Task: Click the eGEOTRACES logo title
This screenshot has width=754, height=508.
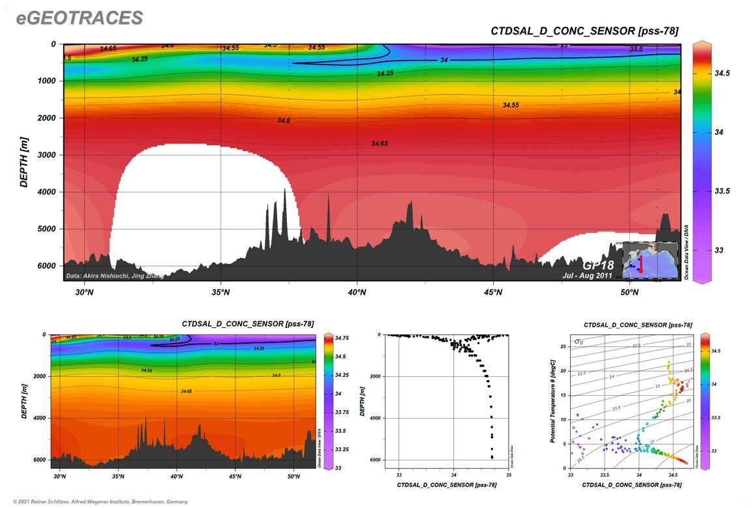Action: pyautogui.click(x=79, y=18)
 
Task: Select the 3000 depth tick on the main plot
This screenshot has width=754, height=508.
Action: pyautogui.click(x=49, y=155)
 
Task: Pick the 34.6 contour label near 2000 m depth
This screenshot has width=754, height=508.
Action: pyautogui.click(x=283, y=121)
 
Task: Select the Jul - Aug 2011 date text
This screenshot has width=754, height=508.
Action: pyautogui.click(x=587, y=276)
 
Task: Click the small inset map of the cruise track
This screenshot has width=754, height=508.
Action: pyautogui.click(x=650, y=260)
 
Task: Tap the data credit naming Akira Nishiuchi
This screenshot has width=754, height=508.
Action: pyautogui.click(x=115, y=276)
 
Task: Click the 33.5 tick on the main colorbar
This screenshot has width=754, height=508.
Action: pyautogui.click(x=719, y=191)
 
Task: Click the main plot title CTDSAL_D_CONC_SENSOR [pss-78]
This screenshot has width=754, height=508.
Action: pyautogui.click(x=584, y=31)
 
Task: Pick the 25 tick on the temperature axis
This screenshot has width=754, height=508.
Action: pyautogui.click(x=563, y=346)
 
